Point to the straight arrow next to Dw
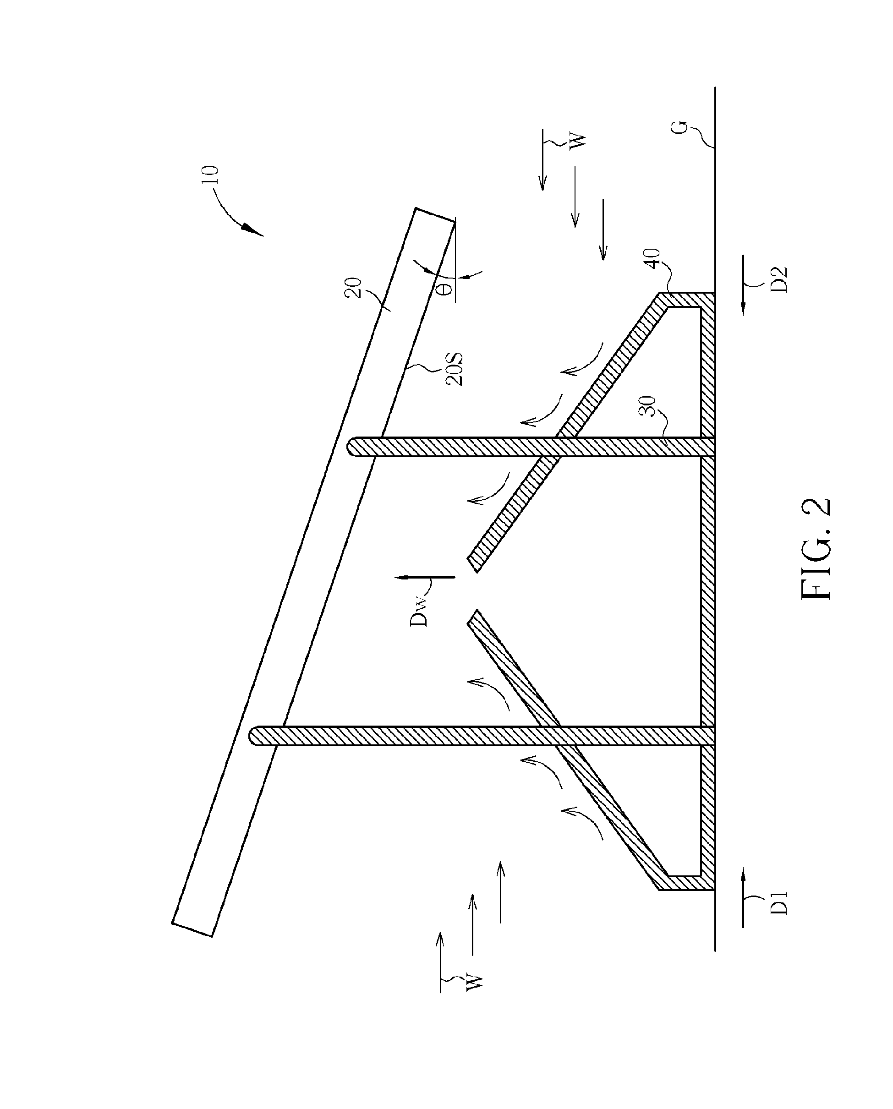(x=424, y=577)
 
